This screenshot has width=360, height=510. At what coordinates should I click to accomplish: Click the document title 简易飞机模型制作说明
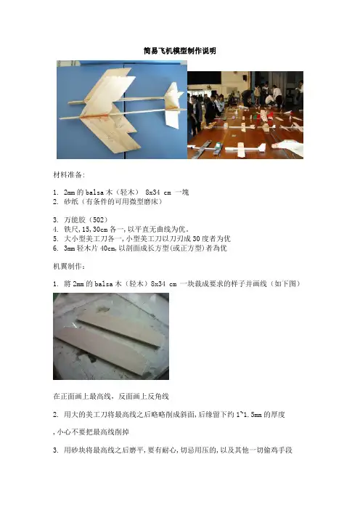(x=180, y=51)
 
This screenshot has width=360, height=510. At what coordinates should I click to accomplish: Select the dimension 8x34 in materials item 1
(x=152, y=193)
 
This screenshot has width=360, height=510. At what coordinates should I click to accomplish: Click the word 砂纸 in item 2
(x=71, y=202)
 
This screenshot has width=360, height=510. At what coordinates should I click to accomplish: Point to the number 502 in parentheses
(x=98, y=220)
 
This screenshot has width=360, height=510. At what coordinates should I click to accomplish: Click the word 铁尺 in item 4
(x=71, y=230)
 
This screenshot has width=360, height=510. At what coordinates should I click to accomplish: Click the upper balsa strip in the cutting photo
(x=121, y=330)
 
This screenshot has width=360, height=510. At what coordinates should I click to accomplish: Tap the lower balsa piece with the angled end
(x=102, y=351)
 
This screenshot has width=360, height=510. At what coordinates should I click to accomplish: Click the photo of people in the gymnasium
(x=245, y=115)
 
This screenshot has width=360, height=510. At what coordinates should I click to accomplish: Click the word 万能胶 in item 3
(x=75, y=220)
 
